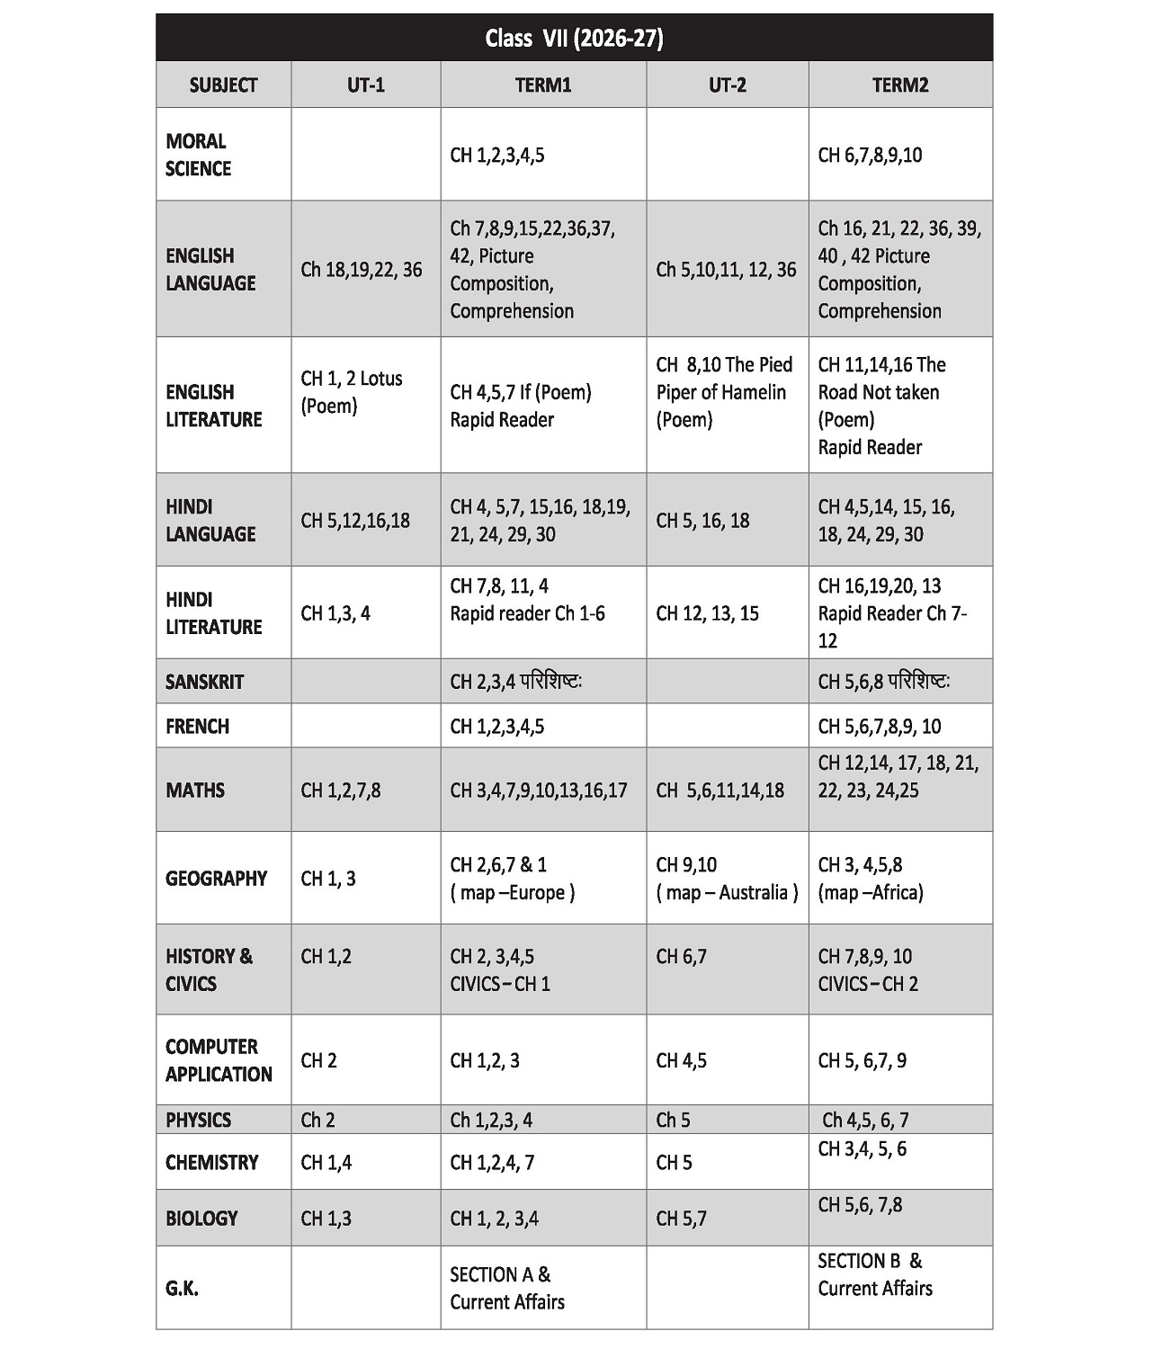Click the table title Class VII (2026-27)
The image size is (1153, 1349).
574,38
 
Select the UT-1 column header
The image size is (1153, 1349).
365,85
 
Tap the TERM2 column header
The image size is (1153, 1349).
899,85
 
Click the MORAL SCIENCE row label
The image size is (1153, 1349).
198,155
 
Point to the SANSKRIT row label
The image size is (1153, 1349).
204,682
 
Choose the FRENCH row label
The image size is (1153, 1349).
197,726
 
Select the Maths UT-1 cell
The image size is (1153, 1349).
340,791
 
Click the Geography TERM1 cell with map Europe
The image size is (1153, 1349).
512,879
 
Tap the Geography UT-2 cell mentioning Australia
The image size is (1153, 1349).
727,879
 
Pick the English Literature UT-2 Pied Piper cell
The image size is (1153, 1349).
724,392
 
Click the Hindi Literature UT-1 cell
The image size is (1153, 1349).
335,613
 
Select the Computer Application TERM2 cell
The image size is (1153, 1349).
862,1060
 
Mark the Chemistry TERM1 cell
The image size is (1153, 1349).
492,1163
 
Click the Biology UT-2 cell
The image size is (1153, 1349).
681,1219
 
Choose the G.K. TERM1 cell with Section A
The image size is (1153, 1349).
507,1288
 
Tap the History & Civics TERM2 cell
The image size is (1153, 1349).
868,969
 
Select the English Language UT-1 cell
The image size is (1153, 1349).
361,270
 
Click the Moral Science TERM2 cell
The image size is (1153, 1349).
870,155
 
